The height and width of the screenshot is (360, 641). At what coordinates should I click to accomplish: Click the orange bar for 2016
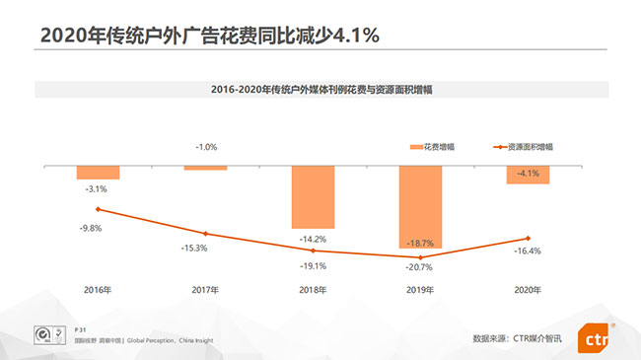coord(98,173)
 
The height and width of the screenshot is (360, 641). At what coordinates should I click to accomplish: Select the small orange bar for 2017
coord(205,168)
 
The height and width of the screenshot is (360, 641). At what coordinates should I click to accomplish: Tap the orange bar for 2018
coord(313,197)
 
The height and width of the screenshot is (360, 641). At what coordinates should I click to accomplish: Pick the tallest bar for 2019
coord(420,207)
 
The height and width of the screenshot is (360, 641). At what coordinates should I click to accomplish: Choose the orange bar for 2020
coord(528,175)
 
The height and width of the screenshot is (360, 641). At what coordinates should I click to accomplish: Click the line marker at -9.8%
coord(98,209)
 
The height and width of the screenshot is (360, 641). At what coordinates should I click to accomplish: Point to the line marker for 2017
coord(205,234)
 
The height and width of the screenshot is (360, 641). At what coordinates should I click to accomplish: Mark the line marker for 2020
coord(528,238)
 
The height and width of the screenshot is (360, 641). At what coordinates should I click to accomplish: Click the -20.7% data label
coord(420,268)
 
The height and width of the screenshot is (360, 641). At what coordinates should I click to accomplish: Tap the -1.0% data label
coord(205,147)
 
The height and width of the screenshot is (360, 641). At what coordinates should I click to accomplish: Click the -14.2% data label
coord(313,239)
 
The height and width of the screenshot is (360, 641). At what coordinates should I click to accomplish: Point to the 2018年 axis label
coord(313,290)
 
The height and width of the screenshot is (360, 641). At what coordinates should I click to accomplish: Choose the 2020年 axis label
coord(528,290)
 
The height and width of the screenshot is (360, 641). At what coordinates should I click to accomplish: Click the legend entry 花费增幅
coord(433,147)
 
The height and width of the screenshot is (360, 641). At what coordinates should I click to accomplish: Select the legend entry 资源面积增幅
coord(529,147)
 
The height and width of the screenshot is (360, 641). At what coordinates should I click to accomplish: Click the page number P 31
coord(82,329)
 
